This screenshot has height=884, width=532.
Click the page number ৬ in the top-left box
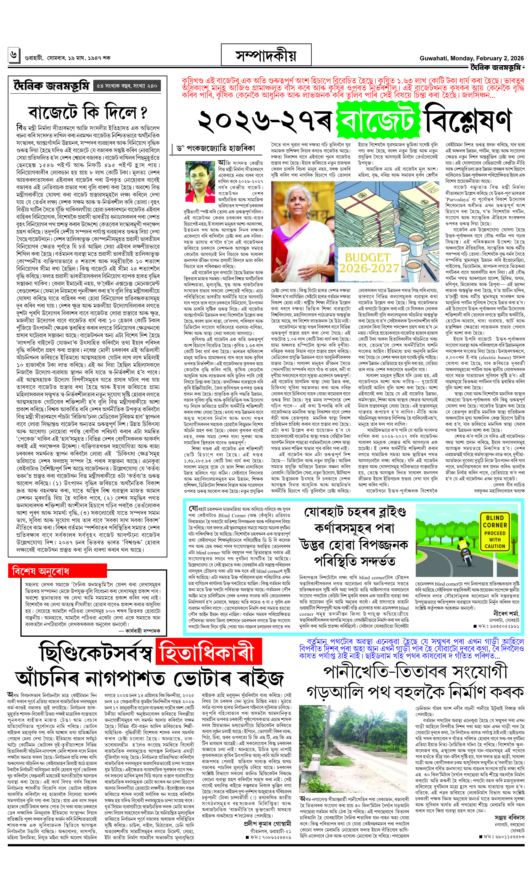pyautogui.click(x=13, y=55)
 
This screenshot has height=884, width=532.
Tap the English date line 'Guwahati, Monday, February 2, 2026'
pyautogui.click(x=471, y=58)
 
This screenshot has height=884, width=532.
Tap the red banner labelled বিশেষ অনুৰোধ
pyautogui.click(x=57, y=571)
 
